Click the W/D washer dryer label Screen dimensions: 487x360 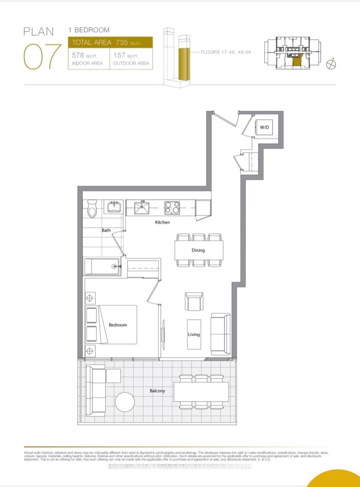tap(264, 127)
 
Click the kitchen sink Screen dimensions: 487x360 tap(142, 208)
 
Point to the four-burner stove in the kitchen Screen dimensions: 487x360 tap(172, 208)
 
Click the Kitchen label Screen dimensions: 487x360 tap(162, 222)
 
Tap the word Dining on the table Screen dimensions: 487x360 tap(198, 250)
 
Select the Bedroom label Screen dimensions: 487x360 tap(118, 325)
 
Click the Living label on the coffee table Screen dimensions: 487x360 tap(194, 334)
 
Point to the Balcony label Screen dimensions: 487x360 tap(157, 391)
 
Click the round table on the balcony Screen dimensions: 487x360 tap(125, 402)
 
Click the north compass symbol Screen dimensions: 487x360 tap(331, 64)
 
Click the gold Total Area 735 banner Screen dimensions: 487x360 tap(110, 42)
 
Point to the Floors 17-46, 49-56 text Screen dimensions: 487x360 tap(226, 52)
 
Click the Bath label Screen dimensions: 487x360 tap(106, 230)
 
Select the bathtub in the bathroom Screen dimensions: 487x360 tap(102, 266)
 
